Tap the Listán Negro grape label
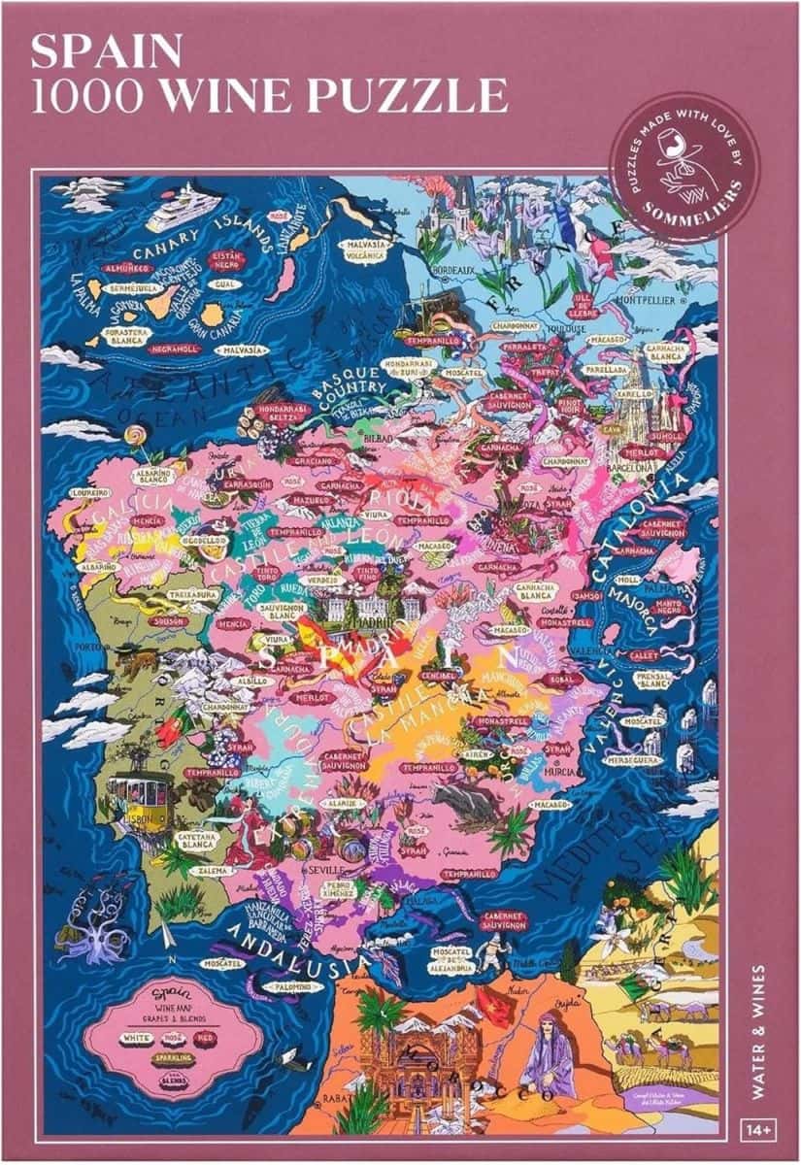tap(224, 260)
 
